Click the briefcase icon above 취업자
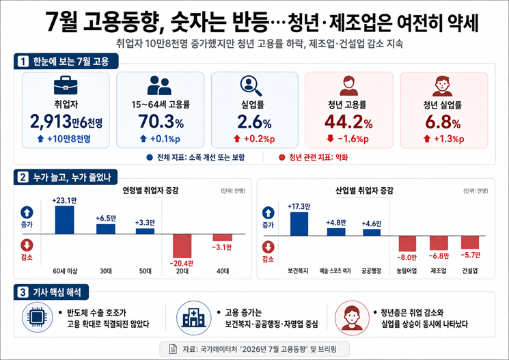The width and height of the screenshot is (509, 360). point(66,85)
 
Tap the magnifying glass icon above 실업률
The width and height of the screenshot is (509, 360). point(251,85)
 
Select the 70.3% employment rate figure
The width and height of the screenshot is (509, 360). point(161,122)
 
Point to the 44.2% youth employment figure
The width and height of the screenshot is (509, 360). point(348,122)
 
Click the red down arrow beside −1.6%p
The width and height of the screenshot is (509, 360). point(330,139)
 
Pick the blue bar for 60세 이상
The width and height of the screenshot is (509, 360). point(64,220)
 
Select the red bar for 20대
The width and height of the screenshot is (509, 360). point(182,246)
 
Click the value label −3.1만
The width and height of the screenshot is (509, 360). point(222,247)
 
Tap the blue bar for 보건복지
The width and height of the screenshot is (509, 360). point(299,223)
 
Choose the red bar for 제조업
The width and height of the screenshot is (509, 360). point(439,243)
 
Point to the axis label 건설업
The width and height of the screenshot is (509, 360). point(470,271)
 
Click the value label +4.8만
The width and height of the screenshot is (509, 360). point(336,223)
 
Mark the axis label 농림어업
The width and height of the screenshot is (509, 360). point(407,271)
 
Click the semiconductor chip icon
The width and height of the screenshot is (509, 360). point(38,317)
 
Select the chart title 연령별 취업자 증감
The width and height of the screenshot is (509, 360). point(150,191)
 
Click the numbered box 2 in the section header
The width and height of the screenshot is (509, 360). point(23,177)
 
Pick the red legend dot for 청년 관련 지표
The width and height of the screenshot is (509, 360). point(281,157)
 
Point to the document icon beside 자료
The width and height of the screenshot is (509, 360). point(173,349)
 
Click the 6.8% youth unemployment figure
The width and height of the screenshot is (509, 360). point(443,122)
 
